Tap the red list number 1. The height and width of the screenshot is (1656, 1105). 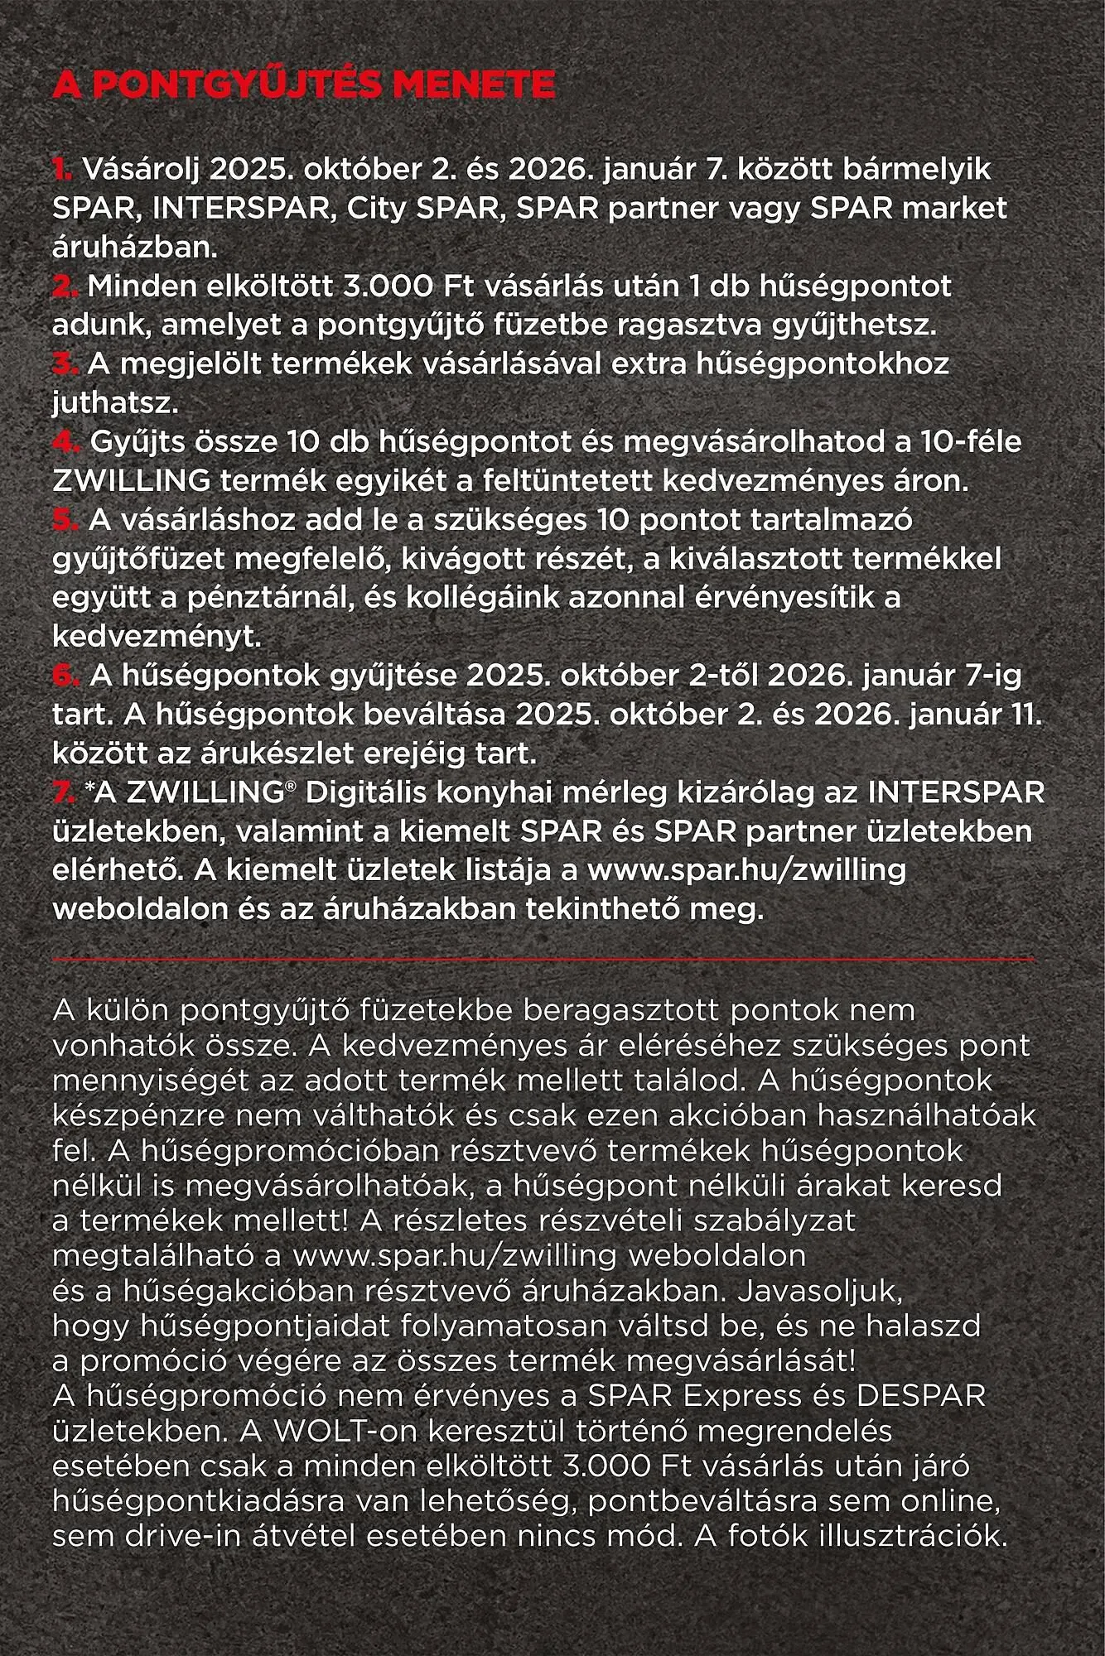(x=62, y=169)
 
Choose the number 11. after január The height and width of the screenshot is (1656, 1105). (x=1024, y=715)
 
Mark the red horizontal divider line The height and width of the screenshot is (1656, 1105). (x=543, y=959)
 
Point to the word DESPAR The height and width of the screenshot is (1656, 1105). (x=921, y=1396)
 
